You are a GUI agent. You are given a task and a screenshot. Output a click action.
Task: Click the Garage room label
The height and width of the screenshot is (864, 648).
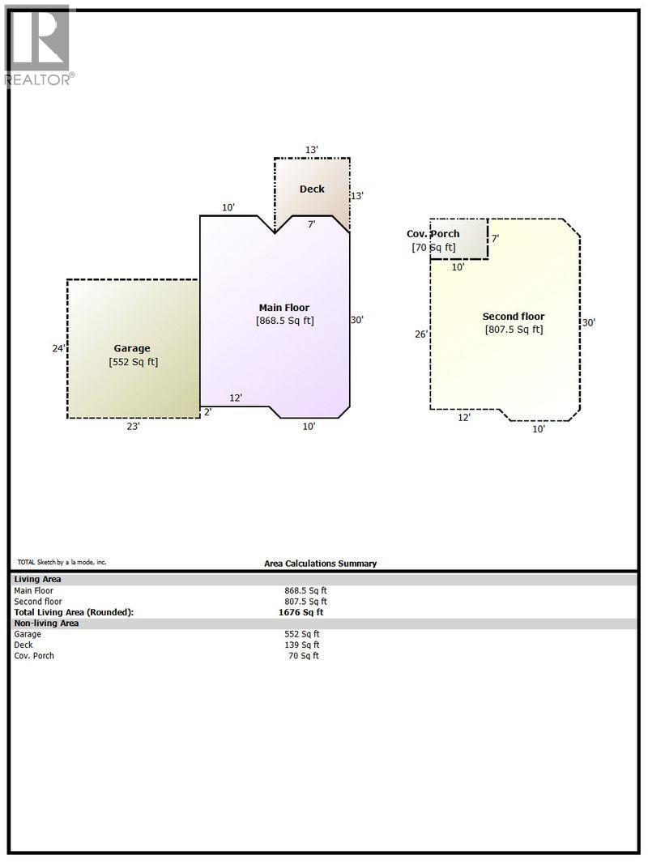pyautogui.click(x=131, y=348)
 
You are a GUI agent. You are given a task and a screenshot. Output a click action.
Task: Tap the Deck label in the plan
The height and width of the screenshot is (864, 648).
pyautogui.click(x=312, y=189)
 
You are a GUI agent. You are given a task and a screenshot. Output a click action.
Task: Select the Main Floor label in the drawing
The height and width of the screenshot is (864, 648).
pyautogui.click(x=283, y=307)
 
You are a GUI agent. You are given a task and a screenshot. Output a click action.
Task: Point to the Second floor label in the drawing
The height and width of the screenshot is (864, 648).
pyautogui.click(x=514, y=316)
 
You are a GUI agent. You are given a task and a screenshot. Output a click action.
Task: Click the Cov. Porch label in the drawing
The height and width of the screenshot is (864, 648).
pyautogui.click(x=433, y=234)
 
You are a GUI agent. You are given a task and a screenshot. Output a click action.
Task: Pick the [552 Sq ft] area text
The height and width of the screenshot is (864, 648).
pyautogui.click(x=134, y=362)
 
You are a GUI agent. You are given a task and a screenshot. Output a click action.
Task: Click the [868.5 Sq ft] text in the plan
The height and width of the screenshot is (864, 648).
pyautogui.click(x=284, y=321)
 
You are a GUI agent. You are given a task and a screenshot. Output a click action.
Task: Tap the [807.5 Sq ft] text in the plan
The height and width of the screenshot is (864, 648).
pyautogui.click(x=514, y=330)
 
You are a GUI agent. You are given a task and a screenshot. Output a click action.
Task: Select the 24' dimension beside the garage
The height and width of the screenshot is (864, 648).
pyautogui.click(x=58, y=349)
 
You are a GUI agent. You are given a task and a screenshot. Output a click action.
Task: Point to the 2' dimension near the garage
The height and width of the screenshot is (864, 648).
pyautogui.click(x=207, y=412)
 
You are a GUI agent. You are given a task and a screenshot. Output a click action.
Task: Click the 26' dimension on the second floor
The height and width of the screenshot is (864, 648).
pyautogui.click(x=421, y=334)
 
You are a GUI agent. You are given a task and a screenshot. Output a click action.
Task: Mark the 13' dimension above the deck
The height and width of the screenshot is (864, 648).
pyautogui.click(x=312, y=150)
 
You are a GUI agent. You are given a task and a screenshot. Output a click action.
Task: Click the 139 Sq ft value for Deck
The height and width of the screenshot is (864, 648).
pyautogui.click(x=304, y=645)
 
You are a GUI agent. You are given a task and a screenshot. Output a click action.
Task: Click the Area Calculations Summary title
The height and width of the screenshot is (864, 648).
pyautogui.click(x=320, y=564)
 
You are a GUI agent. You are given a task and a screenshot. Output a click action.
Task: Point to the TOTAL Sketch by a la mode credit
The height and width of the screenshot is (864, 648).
pyautogui.click(x=62, y=562)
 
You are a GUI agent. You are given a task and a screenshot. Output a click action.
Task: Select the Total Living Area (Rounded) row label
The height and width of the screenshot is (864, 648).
pyautogui.click(x=74, y=612)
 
